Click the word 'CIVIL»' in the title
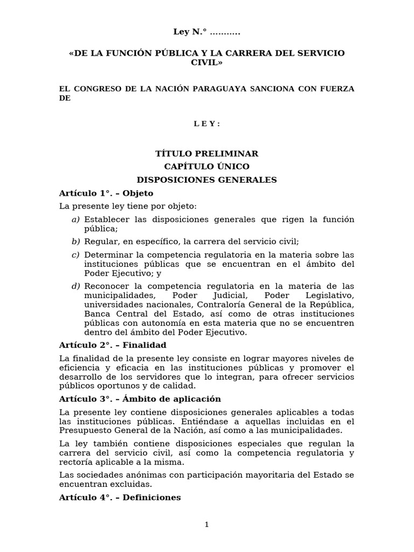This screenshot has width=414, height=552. [x=206, y=63]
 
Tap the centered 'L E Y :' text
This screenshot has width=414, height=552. [x=206, y=124]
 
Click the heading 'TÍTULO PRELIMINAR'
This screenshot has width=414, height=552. [x=206, y=154]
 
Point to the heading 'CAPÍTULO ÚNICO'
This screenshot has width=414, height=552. [x=206, y=167]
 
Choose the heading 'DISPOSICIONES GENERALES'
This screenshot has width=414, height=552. [x=206, y=180]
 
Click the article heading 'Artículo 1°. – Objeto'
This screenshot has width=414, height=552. [x=106, y=193]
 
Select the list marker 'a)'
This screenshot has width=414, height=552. [x=75, y=219]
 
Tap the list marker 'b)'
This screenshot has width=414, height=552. [x=75, y=241]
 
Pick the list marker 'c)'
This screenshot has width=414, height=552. [x=75, y=254]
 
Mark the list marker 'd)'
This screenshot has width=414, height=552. [x=75, y=286]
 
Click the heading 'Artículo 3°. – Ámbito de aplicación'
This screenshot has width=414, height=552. [x=140, y=399]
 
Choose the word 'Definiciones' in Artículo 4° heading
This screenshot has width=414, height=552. [x=151, y=498]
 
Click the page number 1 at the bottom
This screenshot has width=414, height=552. [x=206, y=525]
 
